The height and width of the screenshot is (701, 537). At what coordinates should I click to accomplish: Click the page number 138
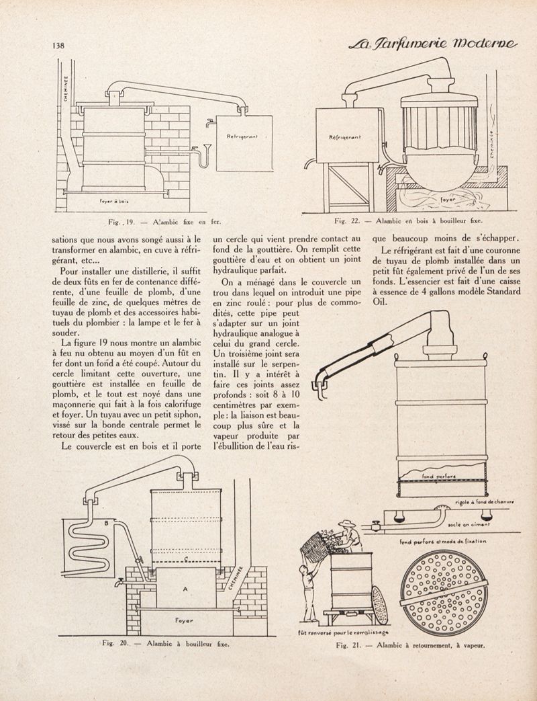tap(56, 46)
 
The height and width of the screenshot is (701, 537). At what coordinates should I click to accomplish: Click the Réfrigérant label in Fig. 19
tap(238, 138)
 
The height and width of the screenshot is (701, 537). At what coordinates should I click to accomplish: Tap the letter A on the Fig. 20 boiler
tap(184, 587)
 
